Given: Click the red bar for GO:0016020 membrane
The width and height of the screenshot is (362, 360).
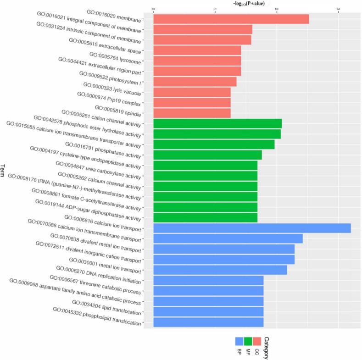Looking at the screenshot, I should point(231,19).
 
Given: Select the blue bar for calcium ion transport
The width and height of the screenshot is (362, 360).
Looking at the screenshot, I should point(251,228).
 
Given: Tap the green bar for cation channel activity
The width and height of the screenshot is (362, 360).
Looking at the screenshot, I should point(217,123).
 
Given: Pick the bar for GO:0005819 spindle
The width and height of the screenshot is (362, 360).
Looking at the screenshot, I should point(191,113).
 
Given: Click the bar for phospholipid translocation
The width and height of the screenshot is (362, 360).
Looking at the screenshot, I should point(208,322).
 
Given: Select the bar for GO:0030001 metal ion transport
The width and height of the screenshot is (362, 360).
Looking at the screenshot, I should point(220,270).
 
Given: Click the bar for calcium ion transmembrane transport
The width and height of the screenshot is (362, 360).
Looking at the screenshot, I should point(228,238).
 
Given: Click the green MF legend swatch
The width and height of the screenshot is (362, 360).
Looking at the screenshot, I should point(248,342).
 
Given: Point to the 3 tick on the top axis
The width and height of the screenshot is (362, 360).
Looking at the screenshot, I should point(338,9).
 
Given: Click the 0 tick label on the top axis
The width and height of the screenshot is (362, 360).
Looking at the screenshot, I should point(153,9).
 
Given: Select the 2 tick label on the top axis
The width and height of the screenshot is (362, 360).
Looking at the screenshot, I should point(276,9).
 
